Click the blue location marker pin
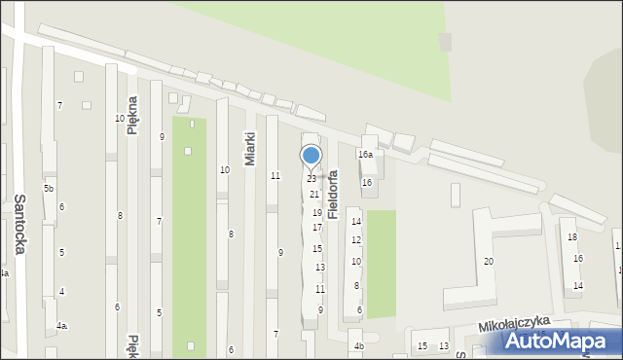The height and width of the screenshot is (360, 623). click(311, 156)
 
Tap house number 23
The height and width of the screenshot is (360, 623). click(311, 179)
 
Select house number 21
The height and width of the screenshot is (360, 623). click(314, 195)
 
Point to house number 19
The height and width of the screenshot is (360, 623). click(316, 212)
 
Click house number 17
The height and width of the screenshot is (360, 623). click(317, 228)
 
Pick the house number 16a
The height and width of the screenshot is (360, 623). click(365, 155)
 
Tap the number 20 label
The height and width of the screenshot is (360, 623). click(489, 262)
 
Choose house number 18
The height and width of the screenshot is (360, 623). click(572, 237)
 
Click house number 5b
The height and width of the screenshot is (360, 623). click(49, 188)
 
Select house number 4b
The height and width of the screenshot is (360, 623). click(358, 346)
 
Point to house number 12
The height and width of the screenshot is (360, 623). click(356, 240)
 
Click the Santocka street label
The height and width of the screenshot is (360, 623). click(20, 223)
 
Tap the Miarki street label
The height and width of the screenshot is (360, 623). click(250, 149)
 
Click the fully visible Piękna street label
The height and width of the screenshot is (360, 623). click(132, 115)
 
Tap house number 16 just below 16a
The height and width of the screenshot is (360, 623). click(367, 182)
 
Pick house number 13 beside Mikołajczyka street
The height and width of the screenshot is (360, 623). click(444, 346)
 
